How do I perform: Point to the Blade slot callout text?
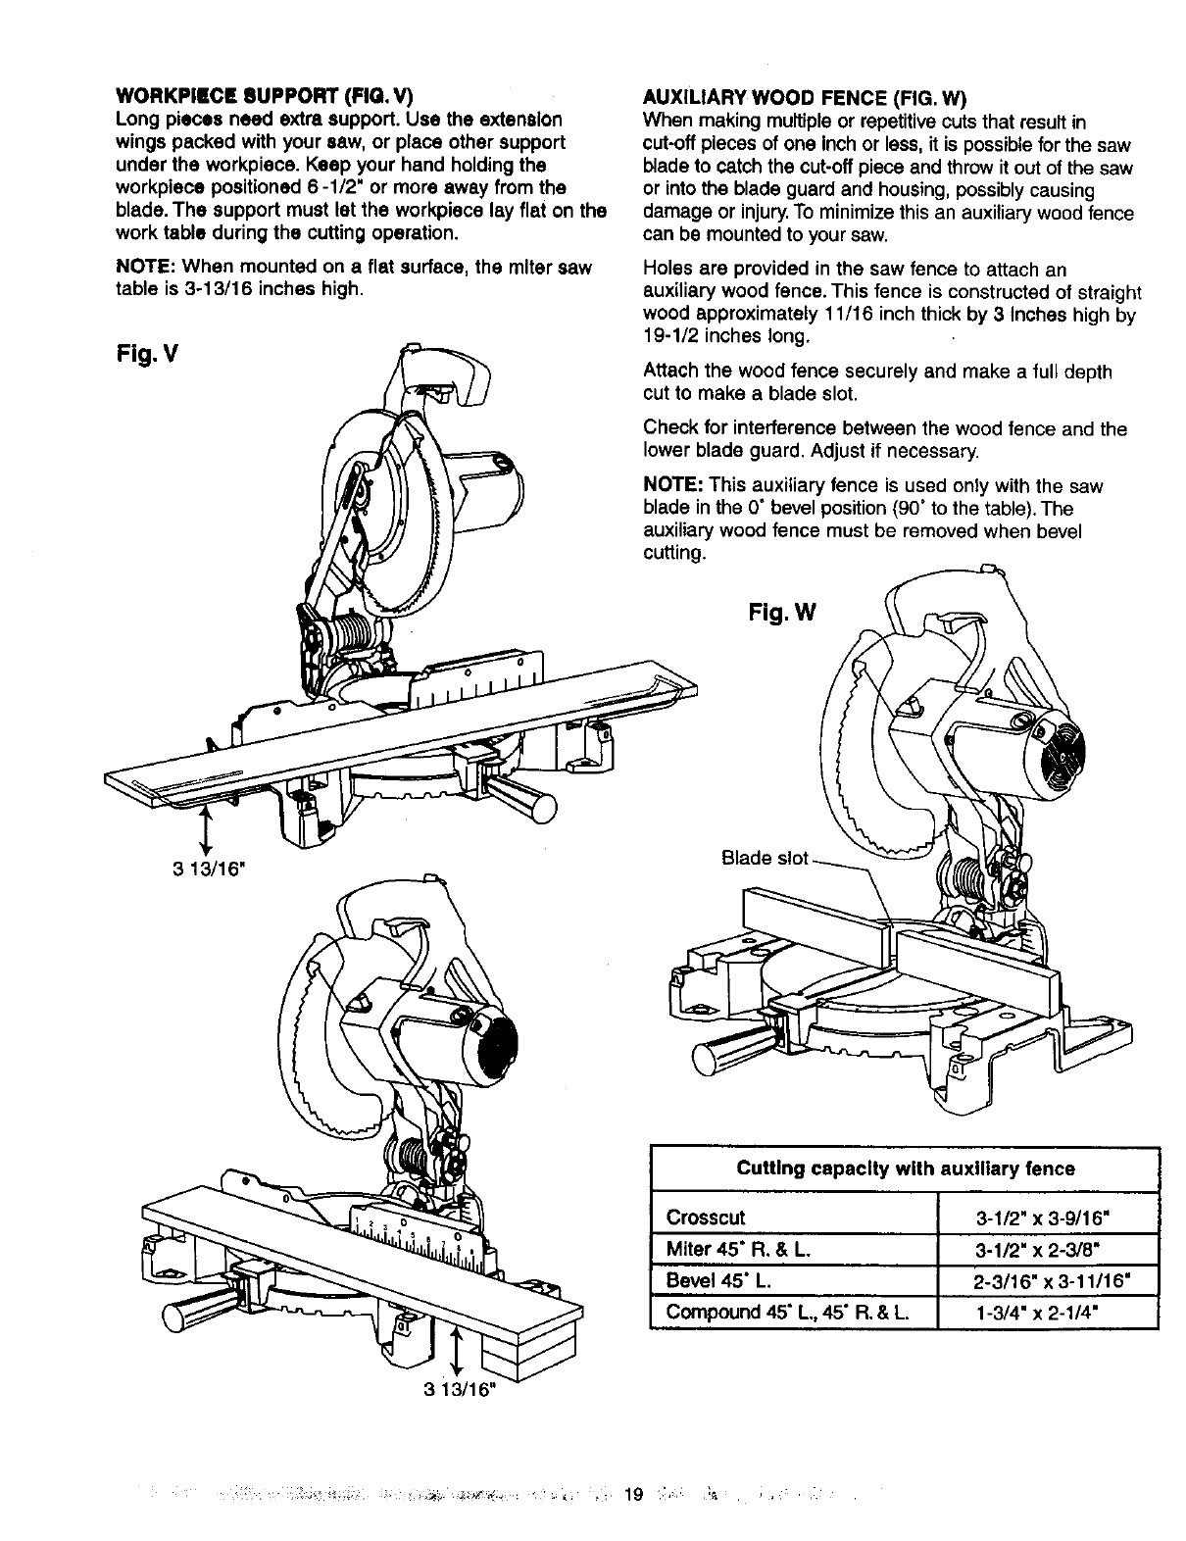point(765,859)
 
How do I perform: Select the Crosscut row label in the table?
point(706,1218)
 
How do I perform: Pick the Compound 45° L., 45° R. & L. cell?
point(787,1313)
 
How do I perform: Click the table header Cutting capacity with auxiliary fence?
point(905,1168)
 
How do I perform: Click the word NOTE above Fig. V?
point(146,267)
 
